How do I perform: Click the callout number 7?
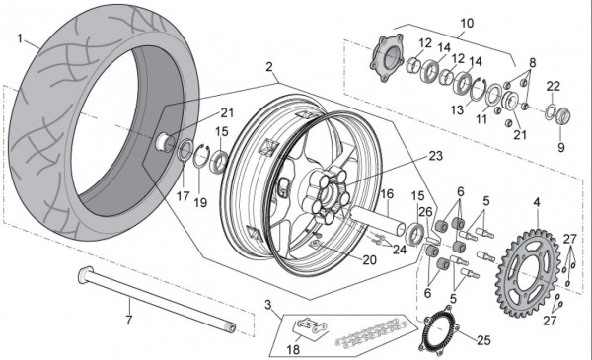click(x=129, y=320)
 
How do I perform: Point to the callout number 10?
click(x=467, y=23)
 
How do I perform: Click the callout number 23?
click(x=435, y=156)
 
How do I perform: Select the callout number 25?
click(x=483, y=340)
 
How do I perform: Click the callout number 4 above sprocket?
click(x=537, y=202)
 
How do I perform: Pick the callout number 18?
click(x=293, y=350)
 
